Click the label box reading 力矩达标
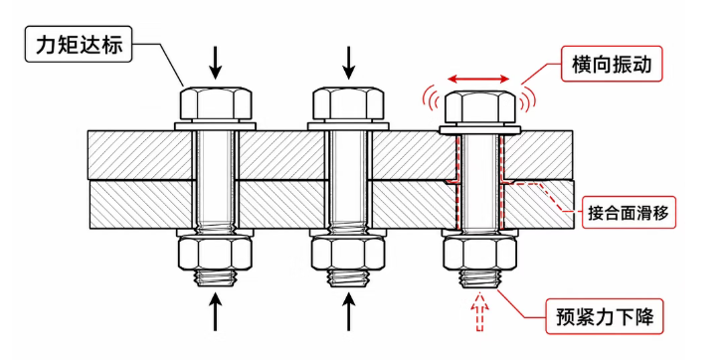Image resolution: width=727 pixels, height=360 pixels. pos(79,45)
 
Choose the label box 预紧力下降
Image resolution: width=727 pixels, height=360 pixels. pos(605,317)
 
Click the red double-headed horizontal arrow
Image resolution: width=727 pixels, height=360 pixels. pos(479,80)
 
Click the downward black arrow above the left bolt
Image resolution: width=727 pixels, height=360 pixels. pos(215,64)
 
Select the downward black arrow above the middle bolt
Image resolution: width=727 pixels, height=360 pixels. pos(349,64)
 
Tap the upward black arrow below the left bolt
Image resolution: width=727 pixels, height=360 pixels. pos(215,312)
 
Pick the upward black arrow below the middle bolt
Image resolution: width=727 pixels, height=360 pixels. pos(349,312)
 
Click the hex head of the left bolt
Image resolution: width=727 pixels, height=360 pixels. pos(215,103)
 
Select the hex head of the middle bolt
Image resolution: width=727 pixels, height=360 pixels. pos(348,103)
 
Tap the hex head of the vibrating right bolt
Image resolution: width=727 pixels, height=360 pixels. pos(480,108)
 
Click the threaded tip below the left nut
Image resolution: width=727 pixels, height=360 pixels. pos(215,277)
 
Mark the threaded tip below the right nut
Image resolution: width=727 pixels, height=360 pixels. pos(480,278)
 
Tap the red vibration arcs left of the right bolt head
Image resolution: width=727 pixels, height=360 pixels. pos(430,98)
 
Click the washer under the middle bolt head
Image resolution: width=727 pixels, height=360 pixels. pos(348,125)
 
